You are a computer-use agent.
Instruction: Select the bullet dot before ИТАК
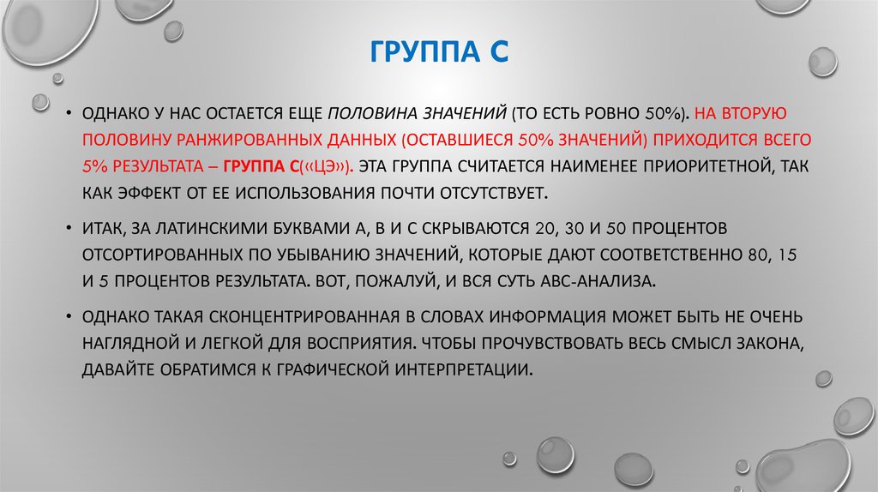[69, 229]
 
